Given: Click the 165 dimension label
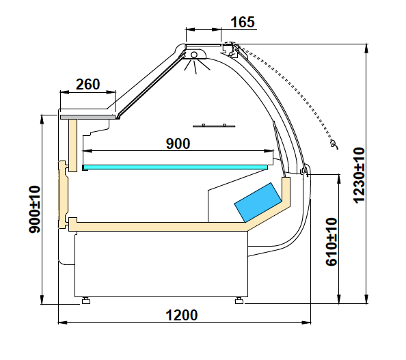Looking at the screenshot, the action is (243, 23).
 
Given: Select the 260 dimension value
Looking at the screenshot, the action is (87, 85).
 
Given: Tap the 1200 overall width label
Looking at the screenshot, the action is (182, 315).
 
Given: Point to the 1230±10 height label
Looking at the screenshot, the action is (359, 175).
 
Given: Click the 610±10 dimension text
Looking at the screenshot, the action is (331, 242).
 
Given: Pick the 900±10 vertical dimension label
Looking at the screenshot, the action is (34, 210).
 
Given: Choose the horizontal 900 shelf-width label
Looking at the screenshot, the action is (178, 143).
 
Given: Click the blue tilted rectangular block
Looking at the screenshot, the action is (258, 203).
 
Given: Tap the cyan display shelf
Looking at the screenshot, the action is (176, 167).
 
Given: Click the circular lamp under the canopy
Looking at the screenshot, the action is (194, 55).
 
